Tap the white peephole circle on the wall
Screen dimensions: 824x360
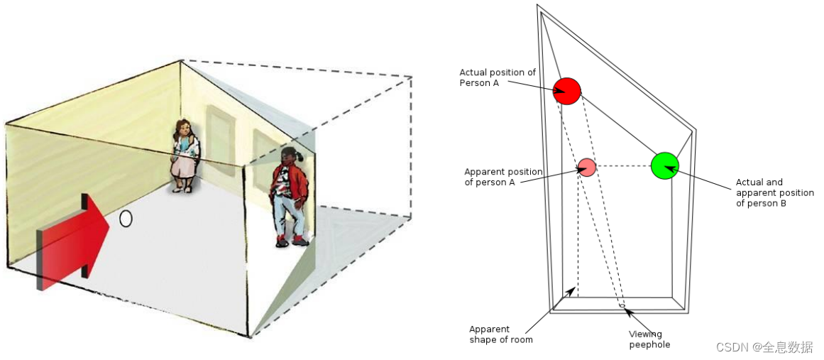126,219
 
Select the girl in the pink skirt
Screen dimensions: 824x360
185,156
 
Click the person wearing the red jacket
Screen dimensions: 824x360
290,195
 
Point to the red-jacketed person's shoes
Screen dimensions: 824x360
291,242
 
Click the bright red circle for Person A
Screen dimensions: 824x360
567,90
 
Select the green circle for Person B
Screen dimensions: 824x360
664,165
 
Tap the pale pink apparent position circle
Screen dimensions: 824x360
586,167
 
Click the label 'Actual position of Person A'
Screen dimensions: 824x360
498,77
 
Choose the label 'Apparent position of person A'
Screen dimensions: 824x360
502,177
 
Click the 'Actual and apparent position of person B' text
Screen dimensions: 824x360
774,192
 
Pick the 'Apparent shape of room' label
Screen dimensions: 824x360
500,334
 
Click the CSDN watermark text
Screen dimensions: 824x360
764,347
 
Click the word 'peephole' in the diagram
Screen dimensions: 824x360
649,344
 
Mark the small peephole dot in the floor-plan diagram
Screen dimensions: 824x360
622,306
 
